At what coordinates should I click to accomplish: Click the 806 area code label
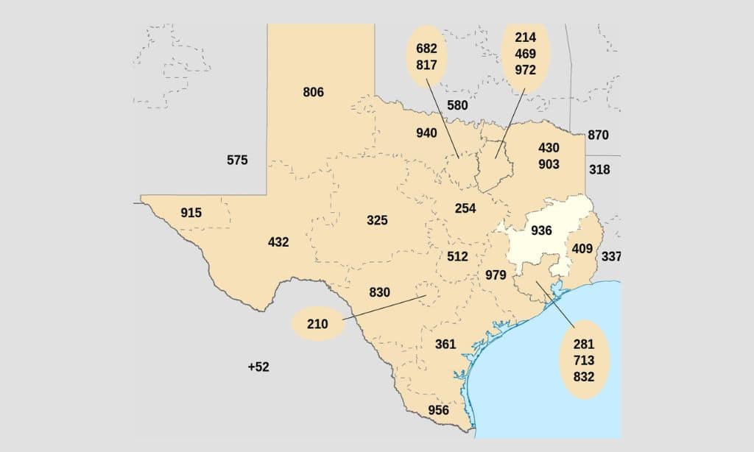coord(313,92)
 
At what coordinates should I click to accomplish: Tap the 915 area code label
coord(191,213)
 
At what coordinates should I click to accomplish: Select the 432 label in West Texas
coord(278,241)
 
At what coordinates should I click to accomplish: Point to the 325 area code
coord(377,220)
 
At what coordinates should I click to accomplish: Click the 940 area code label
coord(426,133)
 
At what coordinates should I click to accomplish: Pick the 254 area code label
coord(465,208)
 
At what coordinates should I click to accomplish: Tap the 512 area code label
coord(457,256)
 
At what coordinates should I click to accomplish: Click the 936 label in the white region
coord(541,230)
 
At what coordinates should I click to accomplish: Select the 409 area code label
coord(582,248)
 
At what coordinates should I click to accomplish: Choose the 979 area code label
coord(496,275)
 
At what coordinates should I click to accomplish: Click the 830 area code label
coord(379,292)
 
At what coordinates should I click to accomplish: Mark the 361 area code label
coord(445,344)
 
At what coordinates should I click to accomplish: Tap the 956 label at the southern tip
coord(438,410)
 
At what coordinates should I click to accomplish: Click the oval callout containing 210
coord(318,324)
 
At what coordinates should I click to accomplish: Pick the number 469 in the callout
coord(526,54)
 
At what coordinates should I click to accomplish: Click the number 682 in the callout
coord(426,49)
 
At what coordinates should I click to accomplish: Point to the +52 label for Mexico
coord(258,367)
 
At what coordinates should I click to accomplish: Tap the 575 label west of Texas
coord(237,160)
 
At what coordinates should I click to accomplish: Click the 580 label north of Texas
coord(457,105)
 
